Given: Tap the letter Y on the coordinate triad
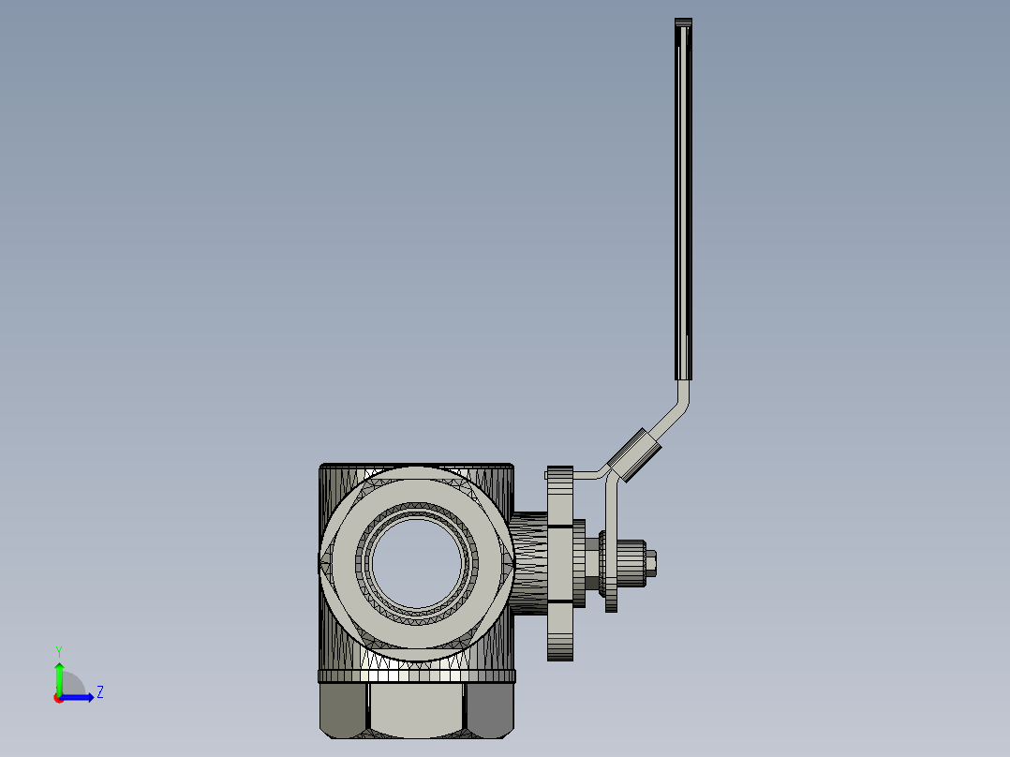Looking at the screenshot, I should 58,651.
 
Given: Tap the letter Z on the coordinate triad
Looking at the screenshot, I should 99,693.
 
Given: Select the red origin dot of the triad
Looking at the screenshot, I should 58,698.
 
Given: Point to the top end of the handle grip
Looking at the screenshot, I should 684,22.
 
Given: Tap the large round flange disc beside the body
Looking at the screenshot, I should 559,562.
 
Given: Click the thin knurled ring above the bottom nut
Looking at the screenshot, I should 416,676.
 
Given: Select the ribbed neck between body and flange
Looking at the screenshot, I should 529,562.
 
